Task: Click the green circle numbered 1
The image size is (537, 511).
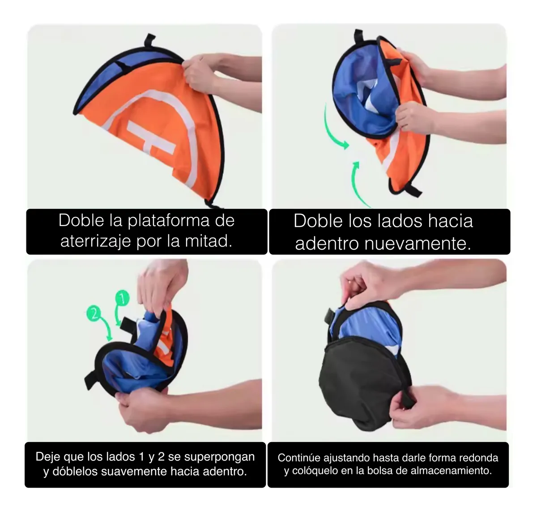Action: coord(122,298)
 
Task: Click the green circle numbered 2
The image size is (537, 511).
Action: coord(94,313)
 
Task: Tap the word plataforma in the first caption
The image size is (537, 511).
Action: coord(169,221)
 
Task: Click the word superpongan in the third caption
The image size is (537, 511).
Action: coord(219,457)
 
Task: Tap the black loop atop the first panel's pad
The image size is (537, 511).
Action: coord(149,40)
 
